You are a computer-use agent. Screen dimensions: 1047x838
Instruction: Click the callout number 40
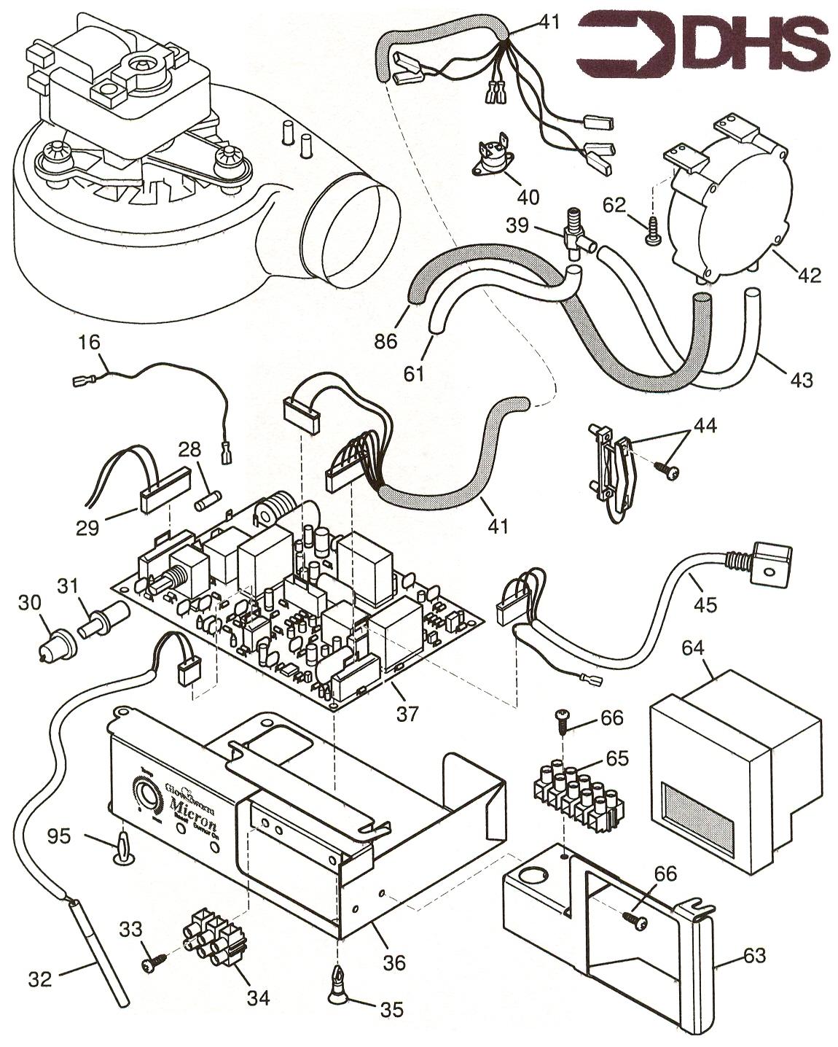click(528, 196)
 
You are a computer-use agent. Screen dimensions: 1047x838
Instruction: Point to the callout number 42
click(809, 276)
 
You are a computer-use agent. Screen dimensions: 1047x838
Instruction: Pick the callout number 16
click(91, 342)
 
